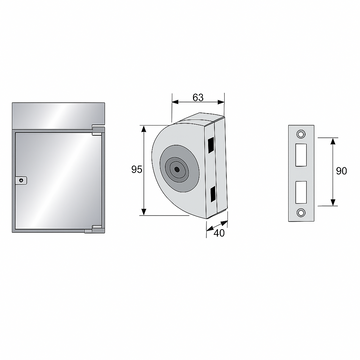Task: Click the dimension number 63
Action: point(198,97)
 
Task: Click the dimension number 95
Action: point(136,170)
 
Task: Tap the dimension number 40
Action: point(219,234)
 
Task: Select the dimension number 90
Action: point(341,171)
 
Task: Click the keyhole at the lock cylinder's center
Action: point(177,169)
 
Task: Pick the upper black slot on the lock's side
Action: point(211,145)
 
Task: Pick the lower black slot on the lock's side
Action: point(212,194)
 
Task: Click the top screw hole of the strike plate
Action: point(301,133)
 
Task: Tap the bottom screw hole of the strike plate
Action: point(301,212)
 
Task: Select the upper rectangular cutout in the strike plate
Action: point(301,155)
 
